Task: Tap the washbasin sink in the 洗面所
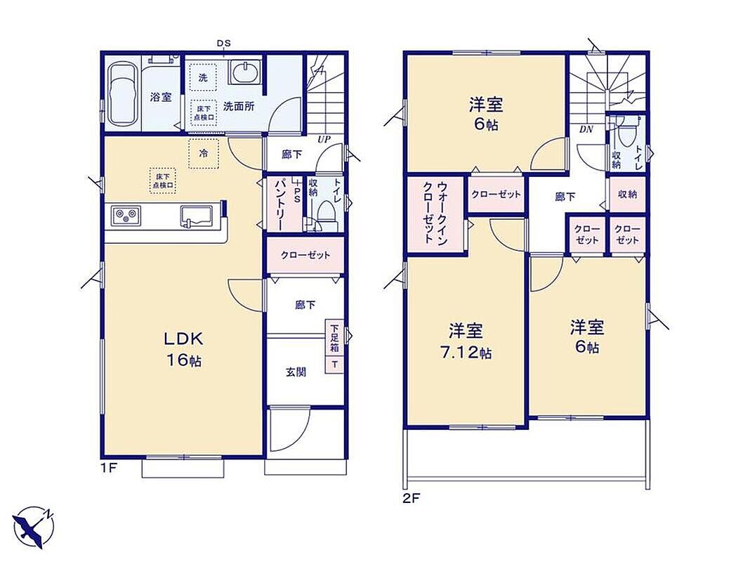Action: point(245,72)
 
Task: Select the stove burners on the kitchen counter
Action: point(126,215)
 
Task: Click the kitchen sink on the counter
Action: point(197,215)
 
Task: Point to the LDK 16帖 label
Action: point(184,349)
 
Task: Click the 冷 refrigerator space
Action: point(204,154)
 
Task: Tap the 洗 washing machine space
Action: point(203,77)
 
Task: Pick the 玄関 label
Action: point(296,372)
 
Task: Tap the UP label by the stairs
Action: point(324,140)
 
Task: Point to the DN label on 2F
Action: point(586,129)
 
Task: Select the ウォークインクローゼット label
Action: point(435,213)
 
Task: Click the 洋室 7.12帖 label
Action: point(466,341)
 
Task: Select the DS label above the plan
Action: point(224,43)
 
